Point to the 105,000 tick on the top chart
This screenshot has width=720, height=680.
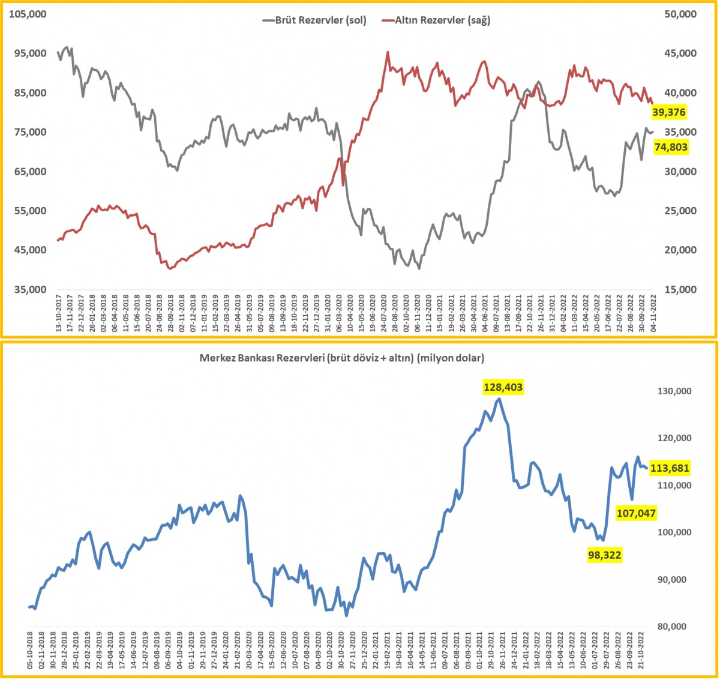(x=30, y=14)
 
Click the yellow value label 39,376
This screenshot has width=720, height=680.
(x=670, y=112)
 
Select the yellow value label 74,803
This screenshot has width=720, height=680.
(x=671, y=147)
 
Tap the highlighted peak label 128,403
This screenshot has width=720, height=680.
(x=503, y=388)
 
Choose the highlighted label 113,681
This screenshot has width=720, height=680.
(x=670, y=468)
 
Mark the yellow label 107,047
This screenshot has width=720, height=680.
(x=636, y=513)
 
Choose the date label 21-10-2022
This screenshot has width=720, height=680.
(x=641, y=652)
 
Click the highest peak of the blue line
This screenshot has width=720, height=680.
(x=498, y=399)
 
